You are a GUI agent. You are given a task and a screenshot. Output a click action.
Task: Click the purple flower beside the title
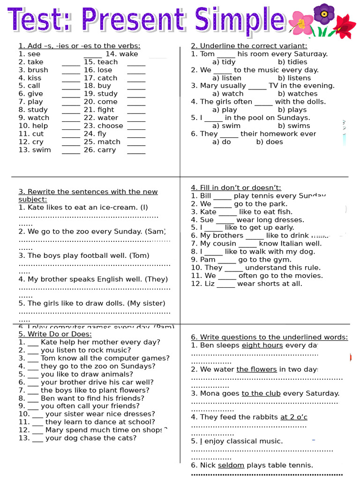(x=323, y=14)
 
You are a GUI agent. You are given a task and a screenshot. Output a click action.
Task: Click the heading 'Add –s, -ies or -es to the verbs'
(x=79, y=45)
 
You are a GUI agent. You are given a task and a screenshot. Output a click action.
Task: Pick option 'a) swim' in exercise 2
(x=226, y=126)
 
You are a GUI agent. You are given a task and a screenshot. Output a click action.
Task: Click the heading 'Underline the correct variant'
(x=249, y=45)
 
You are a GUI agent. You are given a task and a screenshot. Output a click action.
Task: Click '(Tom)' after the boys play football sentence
(x=140, y=255)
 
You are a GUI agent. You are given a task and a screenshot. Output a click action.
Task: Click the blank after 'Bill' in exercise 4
(x=222, y=197)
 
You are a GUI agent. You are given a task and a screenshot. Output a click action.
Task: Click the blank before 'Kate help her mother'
(x=33, y=343)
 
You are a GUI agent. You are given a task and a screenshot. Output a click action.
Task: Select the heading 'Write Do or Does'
(x=55, y=334)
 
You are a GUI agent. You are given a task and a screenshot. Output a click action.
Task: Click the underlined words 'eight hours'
(x=262, y=345)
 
